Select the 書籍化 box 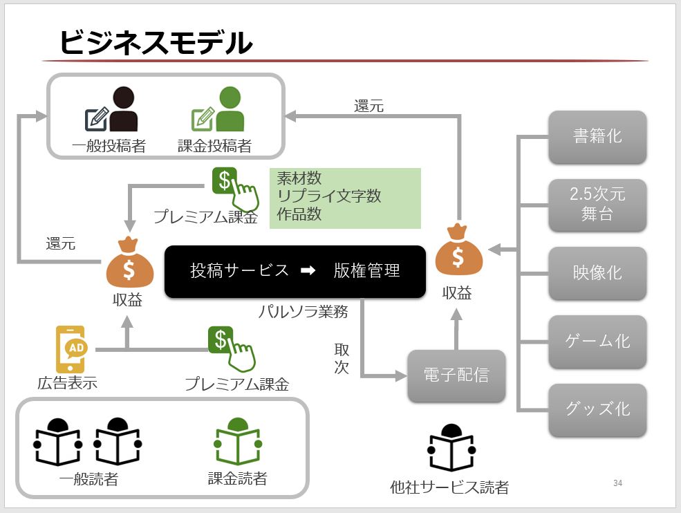[x=597, y=136]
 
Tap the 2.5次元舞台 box [x=597, y=205]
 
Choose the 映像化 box [x=597, y=272]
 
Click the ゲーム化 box [x=597, y=341]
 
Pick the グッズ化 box [x=597, y=409]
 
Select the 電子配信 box [x=456, y=375]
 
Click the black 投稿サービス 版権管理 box [x=295, y=271]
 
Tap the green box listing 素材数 [x=345, y=197]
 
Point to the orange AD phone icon [x=71, y=348]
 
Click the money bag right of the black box [x=458, y=250]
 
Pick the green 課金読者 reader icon [x=237, y=442]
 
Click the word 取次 [x=342, y=358]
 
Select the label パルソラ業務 [x=303, y=311]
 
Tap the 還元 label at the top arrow [x=369, y=106]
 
